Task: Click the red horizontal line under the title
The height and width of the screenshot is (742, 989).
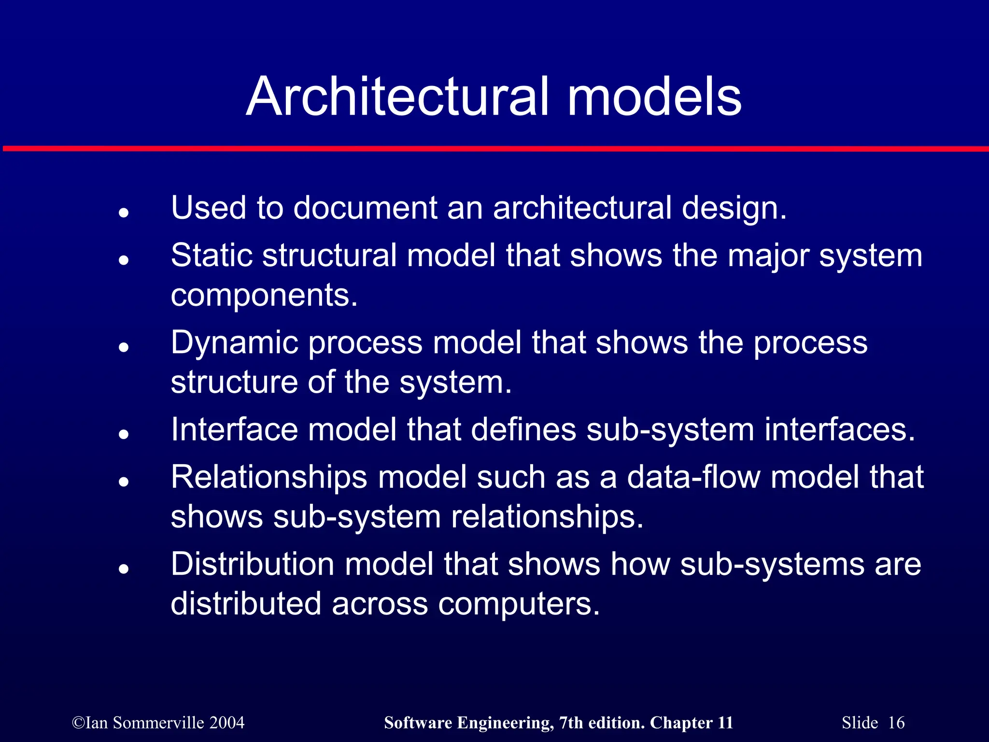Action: coord(494,149)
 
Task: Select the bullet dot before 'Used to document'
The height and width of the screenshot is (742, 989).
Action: coord(124,213)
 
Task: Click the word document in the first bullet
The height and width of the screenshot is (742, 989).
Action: coord(365,208)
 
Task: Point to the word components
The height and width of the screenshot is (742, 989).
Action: coord(264,295)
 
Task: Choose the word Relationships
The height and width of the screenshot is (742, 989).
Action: coord(269,477)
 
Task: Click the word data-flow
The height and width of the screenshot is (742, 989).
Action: coord(693,477)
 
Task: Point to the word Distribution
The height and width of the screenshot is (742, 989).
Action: coord(253,564)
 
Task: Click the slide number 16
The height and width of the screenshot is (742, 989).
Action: coord(896,723)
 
